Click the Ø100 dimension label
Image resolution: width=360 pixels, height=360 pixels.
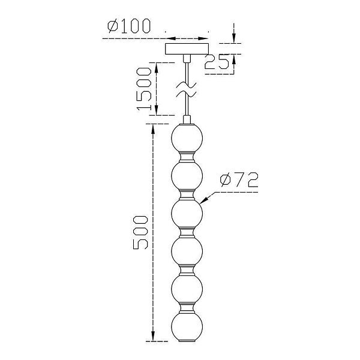tap(129, 26)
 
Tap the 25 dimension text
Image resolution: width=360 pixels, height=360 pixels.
tap(217, 62)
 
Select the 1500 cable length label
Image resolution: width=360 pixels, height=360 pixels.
tap(144, 89)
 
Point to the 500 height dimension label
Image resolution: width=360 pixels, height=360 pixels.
tap(140, 232)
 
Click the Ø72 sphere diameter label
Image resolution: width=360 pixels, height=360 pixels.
tap(239, 180)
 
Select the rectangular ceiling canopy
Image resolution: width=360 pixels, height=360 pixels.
tap(187, 49)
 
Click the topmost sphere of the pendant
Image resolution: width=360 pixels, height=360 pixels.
tap(187, 138)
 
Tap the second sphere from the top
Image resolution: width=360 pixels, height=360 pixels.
tap(187, 176)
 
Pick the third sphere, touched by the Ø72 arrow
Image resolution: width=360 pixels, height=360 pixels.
tap(187, 214)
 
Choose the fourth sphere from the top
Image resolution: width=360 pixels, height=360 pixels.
tap(187, 251)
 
